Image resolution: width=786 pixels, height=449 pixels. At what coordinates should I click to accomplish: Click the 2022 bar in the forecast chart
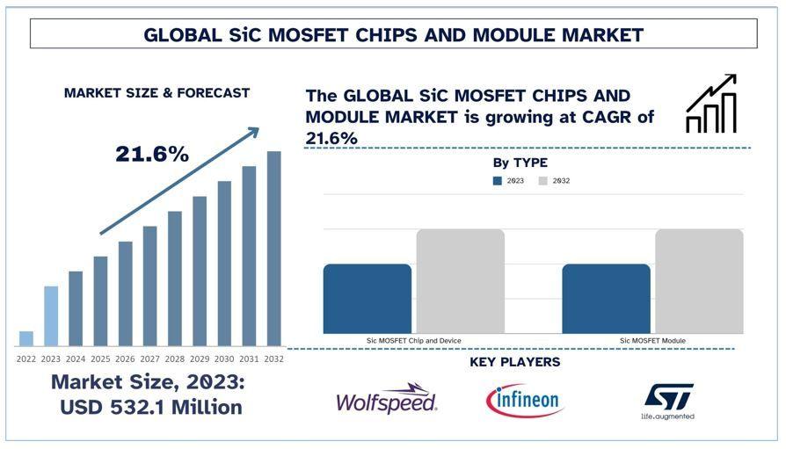[x=26, y=338]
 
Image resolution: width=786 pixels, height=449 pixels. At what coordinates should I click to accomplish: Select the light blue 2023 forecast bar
[x=51, y=316]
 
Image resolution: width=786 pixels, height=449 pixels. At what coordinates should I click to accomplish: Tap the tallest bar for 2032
[x=274, y=249]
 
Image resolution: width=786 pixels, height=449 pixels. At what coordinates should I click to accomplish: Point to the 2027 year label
[x=150, y=358]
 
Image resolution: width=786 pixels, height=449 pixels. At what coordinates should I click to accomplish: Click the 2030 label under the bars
[x=224, y=358]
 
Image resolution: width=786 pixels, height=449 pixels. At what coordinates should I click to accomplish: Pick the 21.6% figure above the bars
[x=152, y=155]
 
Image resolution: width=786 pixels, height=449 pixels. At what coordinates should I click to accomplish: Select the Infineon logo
[x=524, y=401]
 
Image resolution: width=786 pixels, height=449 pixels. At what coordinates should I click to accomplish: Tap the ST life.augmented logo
[x=667, y=400]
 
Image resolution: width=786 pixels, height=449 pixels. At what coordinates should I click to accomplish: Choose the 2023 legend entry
[x=509, y=181]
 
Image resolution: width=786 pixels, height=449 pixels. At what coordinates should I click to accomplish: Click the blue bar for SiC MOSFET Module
[x=606, y=299]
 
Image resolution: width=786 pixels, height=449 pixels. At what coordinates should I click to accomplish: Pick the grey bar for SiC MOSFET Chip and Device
[x=460, y=281]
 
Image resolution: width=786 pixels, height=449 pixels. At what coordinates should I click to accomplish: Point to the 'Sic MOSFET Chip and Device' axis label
[x=413, y=340]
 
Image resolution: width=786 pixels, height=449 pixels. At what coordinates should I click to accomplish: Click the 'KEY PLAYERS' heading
[x=514, y=362]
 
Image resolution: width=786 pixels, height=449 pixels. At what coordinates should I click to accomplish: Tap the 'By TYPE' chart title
[x=520, y=163]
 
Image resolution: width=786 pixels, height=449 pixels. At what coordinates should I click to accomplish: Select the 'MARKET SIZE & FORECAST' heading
[x=156, y=93]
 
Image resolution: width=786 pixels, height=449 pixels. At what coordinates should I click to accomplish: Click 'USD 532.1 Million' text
[x=150, y=408]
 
